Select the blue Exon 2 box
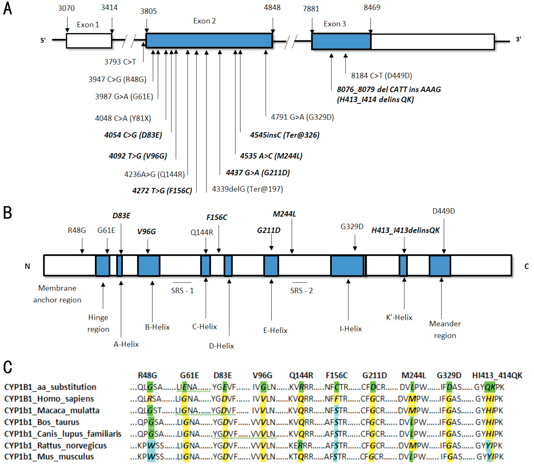[209, 41]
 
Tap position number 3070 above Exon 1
[66, 8]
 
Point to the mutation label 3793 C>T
[120, 62]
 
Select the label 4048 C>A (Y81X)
[123, 118]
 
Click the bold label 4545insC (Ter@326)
[285, 135]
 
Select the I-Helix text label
[351, 329]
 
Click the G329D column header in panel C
[449, 375]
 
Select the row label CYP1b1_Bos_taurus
[42, 422]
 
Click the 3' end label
[518, 39]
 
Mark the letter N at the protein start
[27, 266]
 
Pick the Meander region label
[445, 329]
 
